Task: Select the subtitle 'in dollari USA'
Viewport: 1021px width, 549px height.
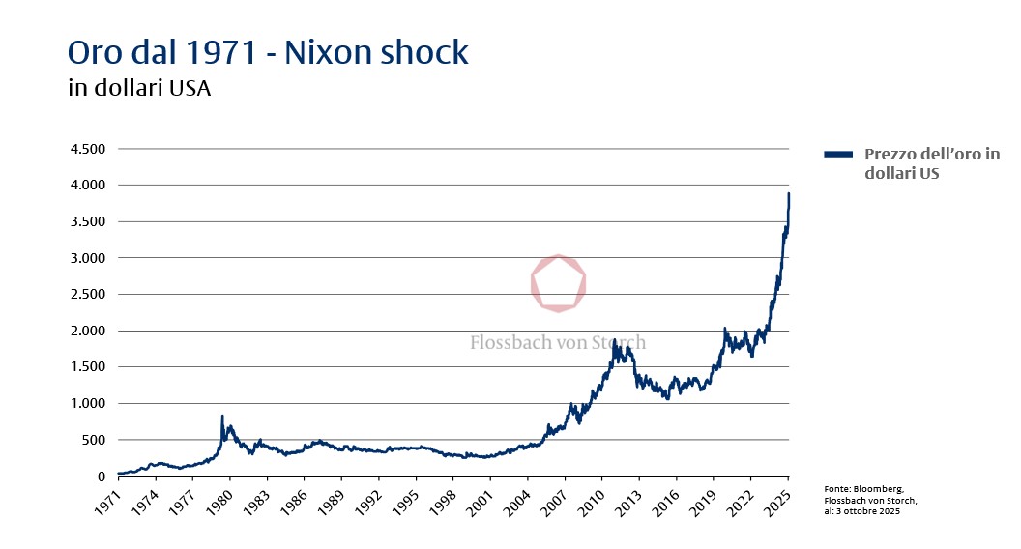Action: (x=139, y=89)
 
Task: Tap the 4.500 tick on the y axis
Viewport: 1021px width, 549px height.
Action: (x=87, y=149)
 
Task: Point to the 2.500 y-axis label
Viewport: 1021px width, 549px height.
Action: (x=87, y=295)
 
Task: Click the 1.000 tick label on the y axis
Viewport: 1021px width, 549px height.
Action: (x=87, y=404)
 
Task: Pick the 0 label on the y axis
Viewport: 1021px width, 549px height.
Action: (x=102, y=477)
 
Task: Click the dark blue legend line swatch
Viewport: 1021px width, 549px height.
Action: (x=838, y=155)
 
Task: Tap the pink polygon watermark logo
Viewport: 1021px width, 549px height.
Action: (x=559, y=283)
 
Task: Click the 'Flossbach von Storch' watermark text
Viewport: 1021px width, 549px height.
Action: (x=558, y=342)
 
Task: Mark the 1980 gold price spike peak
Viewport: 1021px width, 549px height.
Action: (x=222, y=417)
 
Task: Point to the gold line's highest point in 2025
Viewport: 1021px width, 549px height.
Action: (x=789, y=193)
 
